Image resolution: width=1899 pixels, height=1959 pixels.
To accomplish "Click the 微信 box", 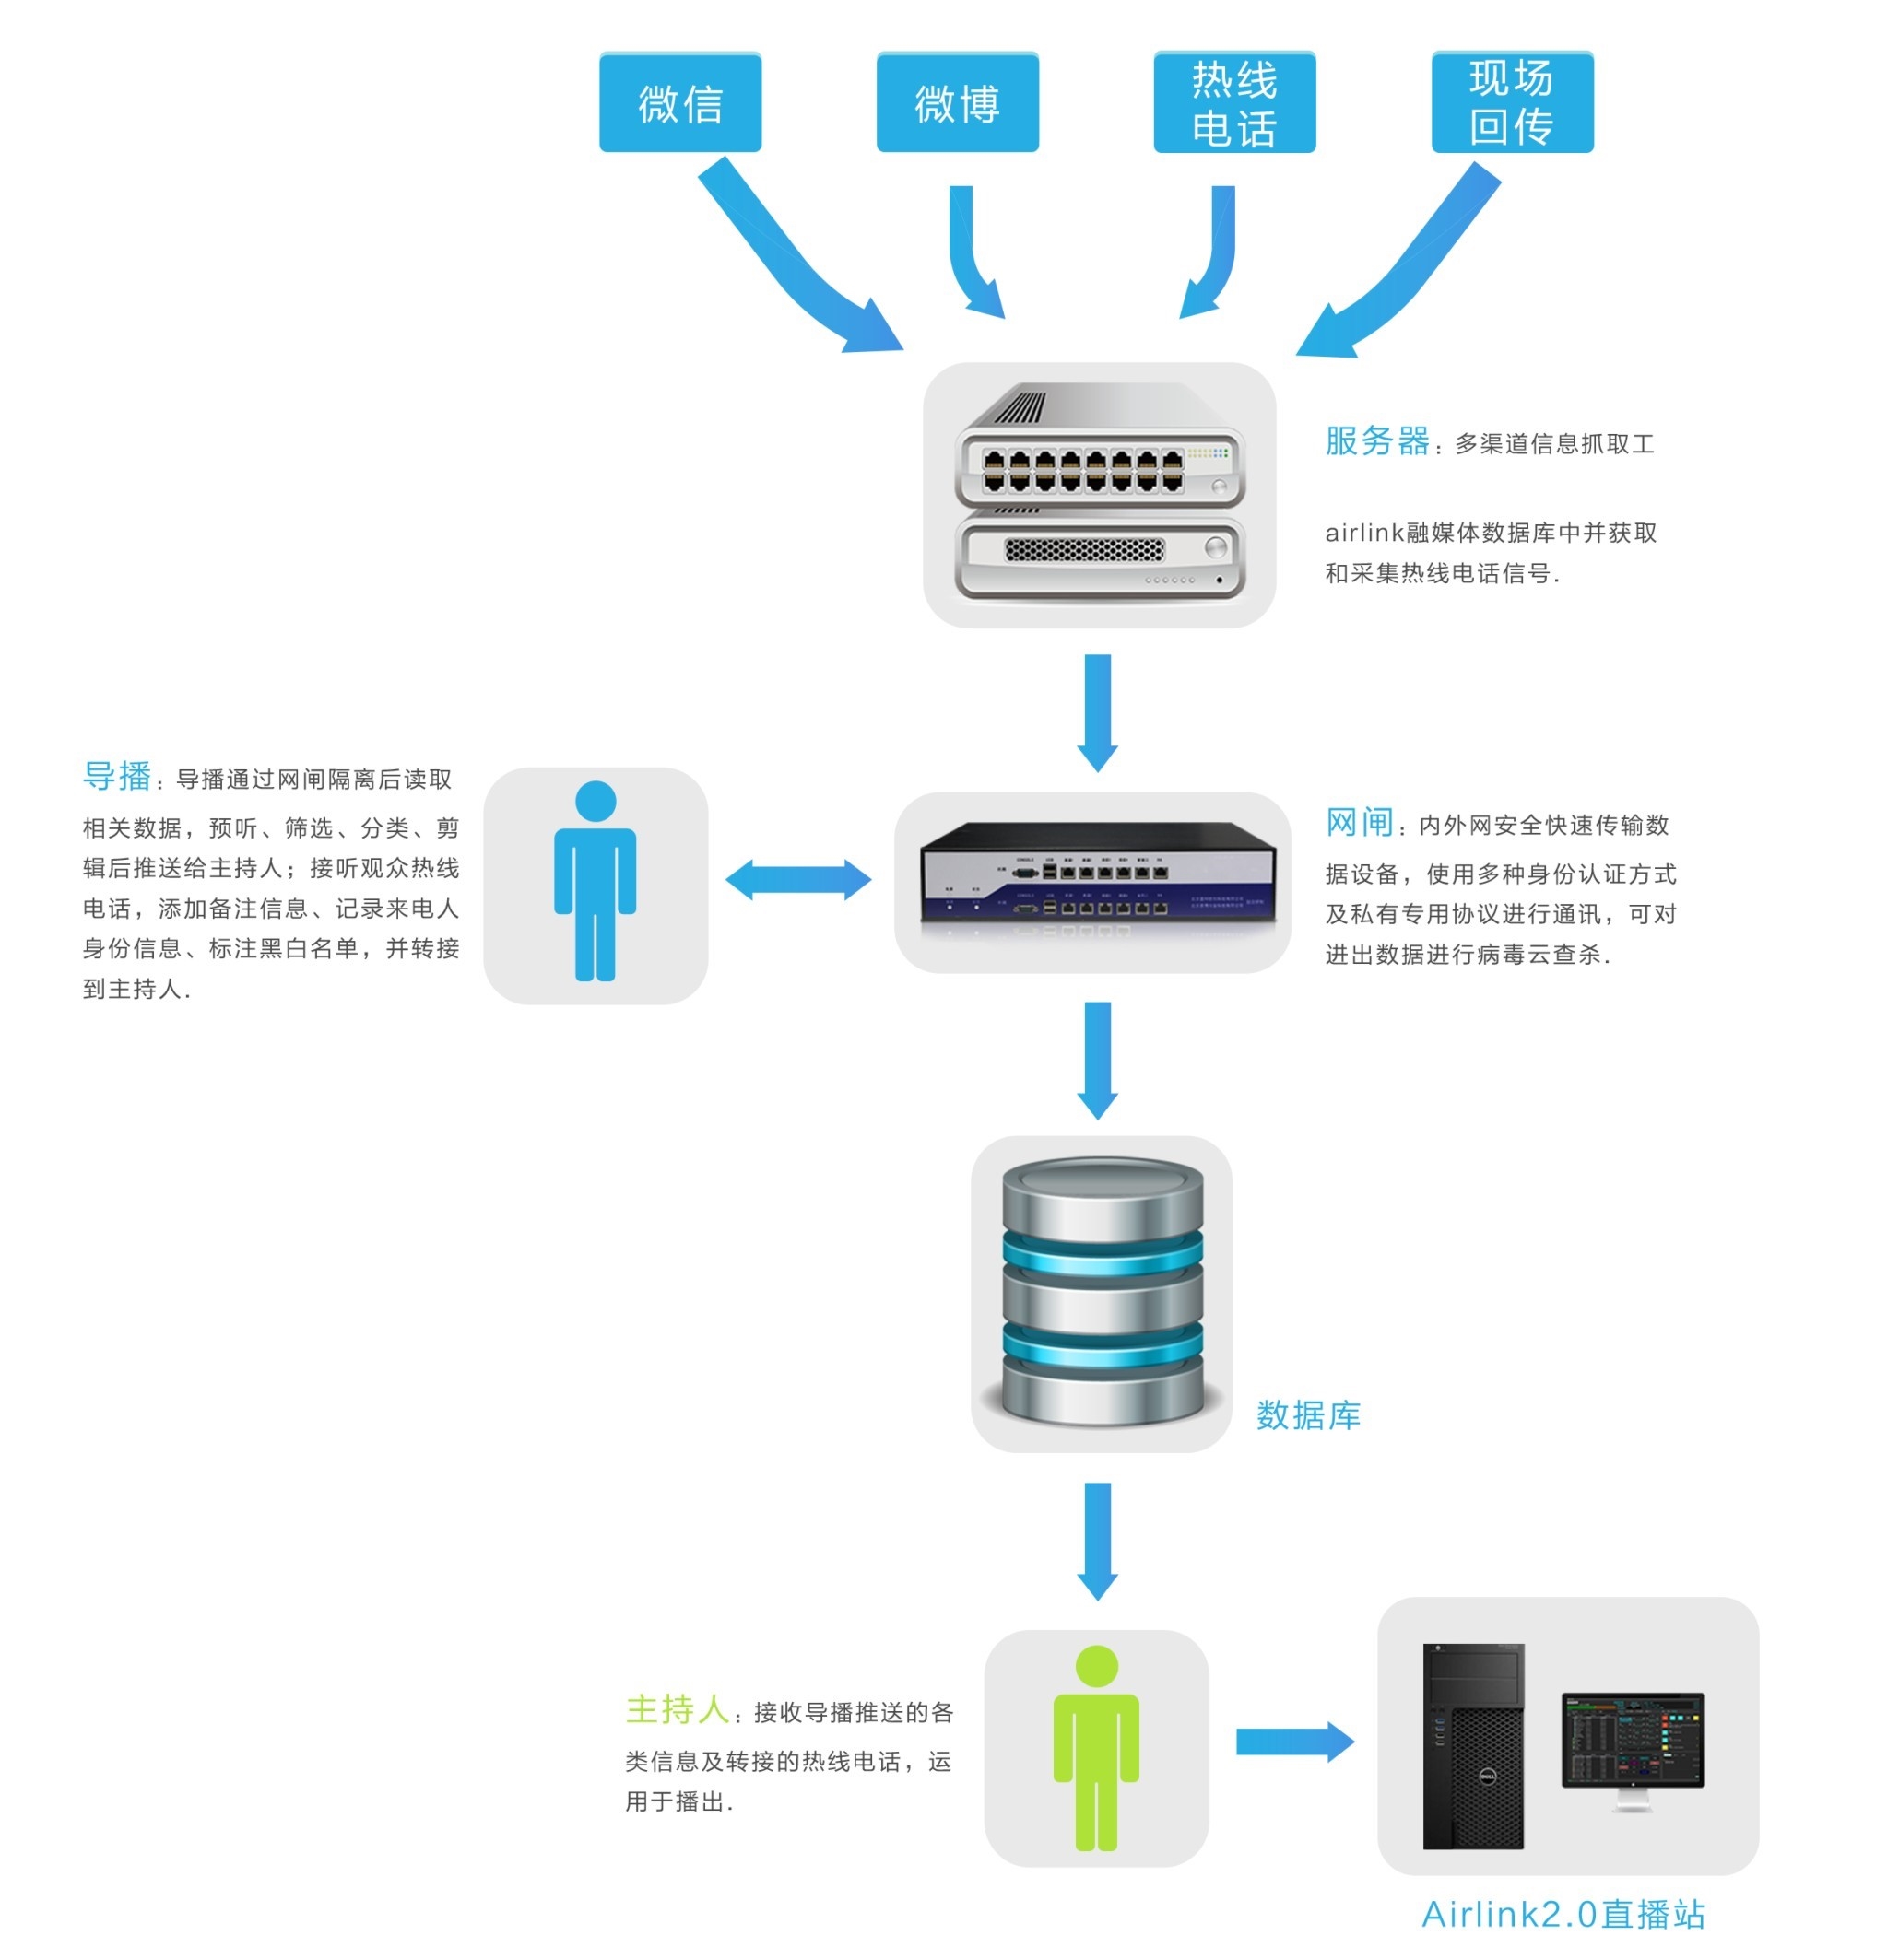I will pos(680,102).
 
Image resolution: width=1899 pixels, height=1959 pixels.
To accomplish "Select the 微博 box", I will pos(957,102).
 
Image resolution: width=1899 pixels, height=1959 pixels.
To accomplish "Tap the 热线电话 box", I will pos(1234,102).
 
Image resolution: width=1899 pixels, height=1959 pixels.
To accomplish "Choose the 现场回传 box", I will pos(1511,102).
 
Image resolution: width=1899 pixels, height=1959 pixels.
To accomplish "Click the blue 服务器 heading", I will pos(1376,440).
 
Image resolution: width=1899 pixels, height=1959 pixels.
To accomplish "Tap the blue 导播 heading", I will pos(117,776).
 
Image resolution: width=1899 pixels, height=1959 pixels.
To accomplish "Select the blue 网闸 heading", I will pos(1358,823).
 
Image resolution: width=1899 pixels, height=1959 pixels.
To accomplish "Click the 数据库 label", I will pos(1307,1415).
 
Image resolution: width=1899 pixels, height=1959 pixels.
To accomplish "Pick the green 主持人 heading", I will pos(677,1709).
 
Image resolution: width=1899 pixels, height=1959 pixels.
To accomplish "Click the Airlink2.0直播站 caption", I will pos(1562,1914).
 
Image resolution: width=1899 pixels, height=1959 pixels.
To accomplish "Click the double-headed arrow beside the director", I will pos(798,880).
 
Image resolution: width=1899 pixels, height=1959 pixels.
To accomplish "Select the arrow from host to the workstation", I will pos(1294,1742).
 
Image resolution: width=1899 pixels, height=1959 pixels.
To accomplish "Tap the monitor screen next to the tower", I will pos(1632,1739).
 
